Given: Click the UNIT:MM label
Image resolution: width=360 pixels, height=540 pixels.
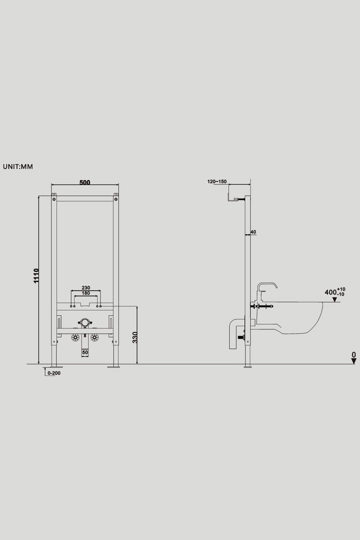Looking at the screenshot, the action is point(18,167).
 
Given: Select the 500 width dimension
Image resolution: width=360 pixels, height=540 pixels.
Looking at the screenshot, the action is point(85,182).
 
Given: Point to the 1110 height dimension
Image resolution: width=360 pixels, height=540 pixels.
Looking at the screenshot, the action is point(36,276).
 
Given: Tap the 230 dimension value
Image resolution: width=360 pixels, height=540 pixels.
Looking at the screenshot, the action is point(86,287).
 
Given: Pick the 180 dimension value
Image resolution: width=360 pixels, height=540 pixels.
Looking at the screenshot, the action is point(86,293).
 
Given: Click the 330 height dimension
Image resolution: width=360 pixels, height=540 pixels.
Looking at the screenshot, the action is point(135,337).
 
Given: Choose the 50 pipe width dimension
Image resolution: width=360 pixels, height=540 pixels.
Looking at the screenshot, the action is point(85,353).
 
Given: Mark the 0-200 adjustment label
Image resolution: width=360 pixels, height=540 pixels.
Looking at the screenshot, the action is point(54,373).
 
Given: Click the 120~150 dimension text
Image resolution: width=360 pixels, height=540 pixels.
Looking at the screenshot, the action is point(217,182).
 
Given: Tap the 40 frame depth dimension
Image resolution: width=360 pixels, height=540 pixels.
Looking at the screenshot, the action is point(253,232).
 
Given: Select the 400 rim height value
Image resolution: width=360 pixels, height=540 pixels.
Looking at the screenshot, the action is point(331,292).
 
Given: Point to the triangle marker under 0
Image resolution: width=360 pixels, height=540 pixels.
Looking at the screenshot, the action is point(353,361).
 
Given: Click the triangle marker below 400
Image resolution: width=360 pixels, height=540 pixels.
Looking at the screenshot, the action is point(335,300).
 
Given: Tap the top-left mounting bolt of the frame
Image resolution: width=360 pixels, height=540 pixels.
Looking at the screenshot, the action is point(54,199).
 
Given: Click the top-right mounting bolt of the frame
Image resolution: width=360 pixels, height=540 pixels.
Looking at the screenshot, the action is point(116,199).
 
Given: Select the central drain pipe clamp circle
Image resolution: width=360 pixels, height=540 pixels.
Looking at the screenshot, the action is point(85,323).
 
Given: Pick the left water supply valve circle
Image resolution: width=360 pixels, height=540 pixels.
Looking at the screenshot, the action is point(75,337).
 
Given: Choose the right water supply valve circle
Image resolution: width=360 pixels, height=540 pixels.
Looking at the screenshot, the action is point(94,337).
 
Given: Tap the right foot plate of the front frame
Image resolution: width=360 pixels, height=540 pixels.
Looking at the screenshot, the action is point(114,367).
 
